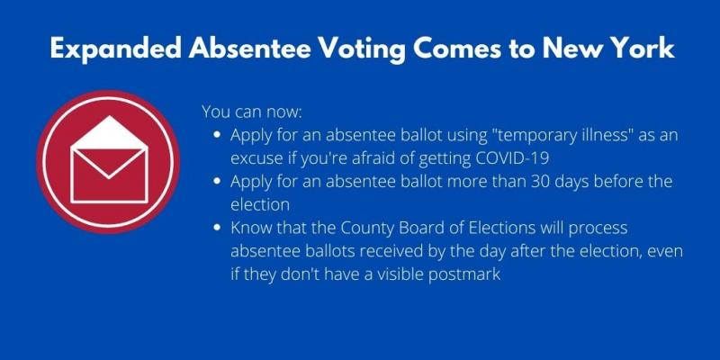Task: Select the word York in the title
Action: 639,49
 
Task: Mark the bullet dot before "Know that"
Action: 219,229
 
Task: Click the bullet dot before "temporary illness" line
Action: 219,136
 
